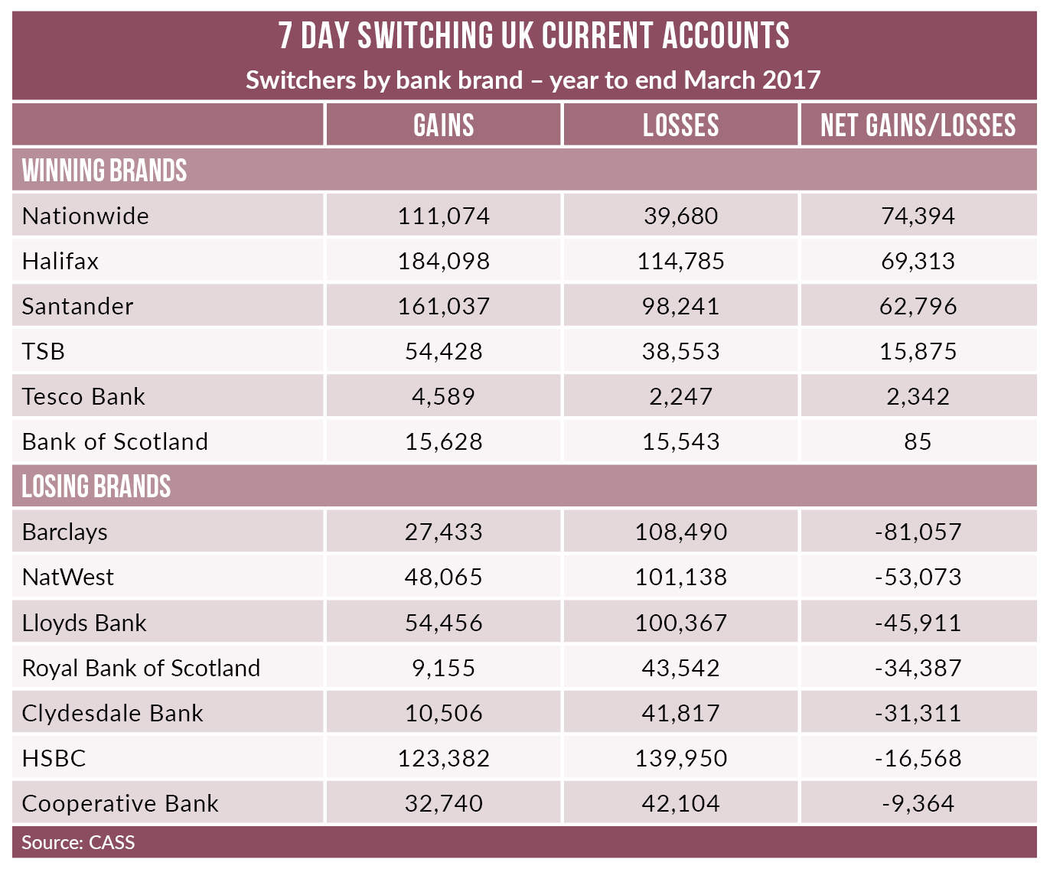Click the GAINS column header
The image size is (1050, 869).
pyautogui.click(x=443, y=125)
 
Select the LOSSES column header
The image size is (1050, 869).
pyautogui.click(x=680, y=125)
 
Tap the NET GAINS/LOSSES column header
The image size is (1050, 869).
pyautogui.click(x=918, y=125)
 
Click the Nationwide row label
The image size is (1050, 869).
pyautogui.click(x=86, y=216)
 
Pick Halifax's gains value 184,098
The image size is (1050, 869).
pyautogui.click(x=443, y=261)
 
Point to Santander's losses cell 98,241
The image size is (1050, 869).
pyautogui.click(x=680, y=306)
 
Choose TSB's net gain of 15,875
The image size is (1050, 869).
pyautogui.click(x=918, y=351)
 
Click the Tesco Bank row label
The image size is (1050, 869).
pyautogui.click(x=83, y=396)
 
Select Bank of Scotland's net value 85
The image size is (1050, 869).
pyautogui.click(x=918, y=441)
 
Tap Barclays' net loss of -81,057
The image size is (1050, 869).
pyautogui.click(x=918, y=532)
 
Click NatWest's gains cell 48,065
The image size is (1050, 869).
pyautogui.click(x=443, y=577)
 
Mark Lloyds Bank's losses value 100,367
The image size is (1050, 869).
pyautogui.click(x=680, y=623)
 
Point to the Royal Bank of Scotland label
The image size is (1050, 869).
pyautogui.click(x=141, y=668)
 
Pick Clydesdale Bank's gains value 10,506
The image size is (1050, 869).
pyautogui.click(x=443, y=713)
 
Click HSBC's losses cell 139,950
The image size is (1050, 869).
pyautogui.click(x=680, y=758)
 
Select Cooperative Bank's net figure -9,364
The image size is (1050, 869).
pyautogui.click(x=918, y=803)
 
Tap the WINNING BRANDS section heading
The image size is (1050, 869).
pyautogui.click(x=104, y=171)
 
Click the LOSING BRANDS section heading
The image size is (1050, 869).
pyautogui.click(x=96, y=487)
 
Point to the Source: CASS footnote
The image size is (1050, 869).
pyautogui.click(x=78, y=842)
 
